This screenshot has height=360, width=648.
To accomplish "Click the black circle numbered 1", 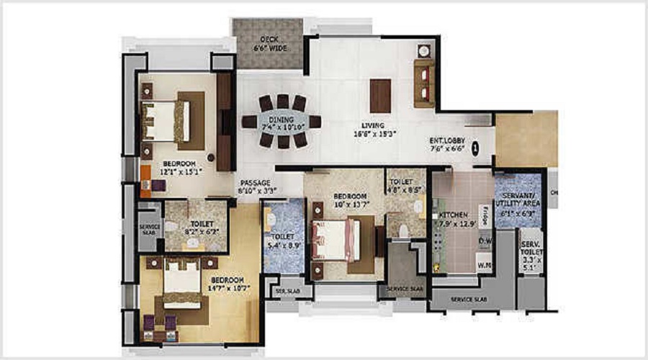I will pyautogui.click(x=474, y=149).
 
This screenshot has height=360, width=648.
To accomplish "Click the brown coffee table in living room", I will pyautogui.click(x=380, y=95).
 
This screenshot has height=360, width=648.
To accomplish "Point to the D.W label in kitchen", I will pyautogui.click(x=484, y=240).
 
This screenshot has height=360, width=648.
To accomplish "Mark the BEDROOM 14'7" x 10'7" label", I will pyautogui.click(x=227, y=284).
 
